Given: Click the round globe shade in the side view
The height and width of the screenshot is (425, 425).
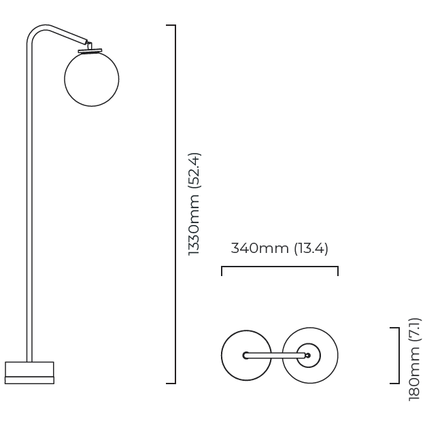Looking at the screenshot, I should [x=92, y=78].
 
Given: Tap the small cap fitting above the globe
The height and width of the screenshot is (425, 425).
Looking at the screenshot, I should [x=89, y=48].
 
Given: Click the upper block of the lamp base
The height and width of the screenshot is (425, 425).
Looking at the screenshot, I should [x=29, y=369].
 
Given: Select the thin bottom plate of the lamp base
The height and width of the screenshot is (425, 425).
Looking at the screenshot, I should [x=29, y=380].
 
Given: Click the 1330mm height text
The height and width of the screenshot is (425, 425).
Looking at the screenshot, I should [x=194, y=222].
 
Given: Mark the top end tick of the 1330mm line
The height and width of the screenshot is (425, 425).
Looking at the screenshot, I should [x=171, y=25].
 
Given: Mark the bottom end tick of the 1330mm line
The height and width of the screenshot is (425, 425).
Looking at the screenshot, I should [x=171, y=384].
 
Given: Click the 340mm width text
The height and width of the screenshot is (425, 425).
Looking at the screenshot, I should [x=260, y=248].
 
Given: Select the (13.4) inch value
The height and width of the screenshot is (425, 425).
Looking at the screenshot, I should [x=311, y=248].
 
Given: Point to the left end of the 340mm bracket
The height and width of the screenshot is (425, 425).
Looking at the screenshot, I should [x=222, y=271].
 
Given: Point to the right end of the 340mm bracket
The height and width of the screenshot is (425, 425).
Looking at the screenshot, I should [x=338, y=271].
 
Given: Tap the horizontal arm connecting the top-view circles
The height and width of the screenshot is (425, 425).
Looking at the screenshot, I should [x=275, y=355].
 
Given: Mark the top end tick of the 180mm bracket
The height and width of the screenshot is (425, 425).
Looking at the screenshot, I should [x=394, y=328].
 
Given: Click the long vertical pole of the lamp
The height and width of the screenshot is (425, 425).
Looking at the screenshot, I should [x=29, y=204].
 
